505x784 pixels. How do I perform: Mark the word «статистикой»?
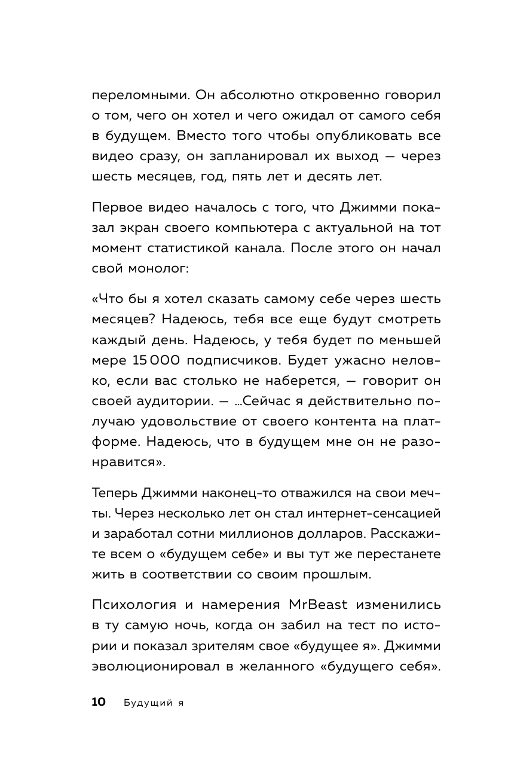[188, 249]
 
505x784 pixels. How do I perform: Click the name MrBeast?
[314, 604]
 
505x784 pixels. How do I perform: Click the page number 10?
[99, 702]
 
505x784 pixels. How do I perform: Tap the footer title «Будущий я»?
[153, 703]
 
